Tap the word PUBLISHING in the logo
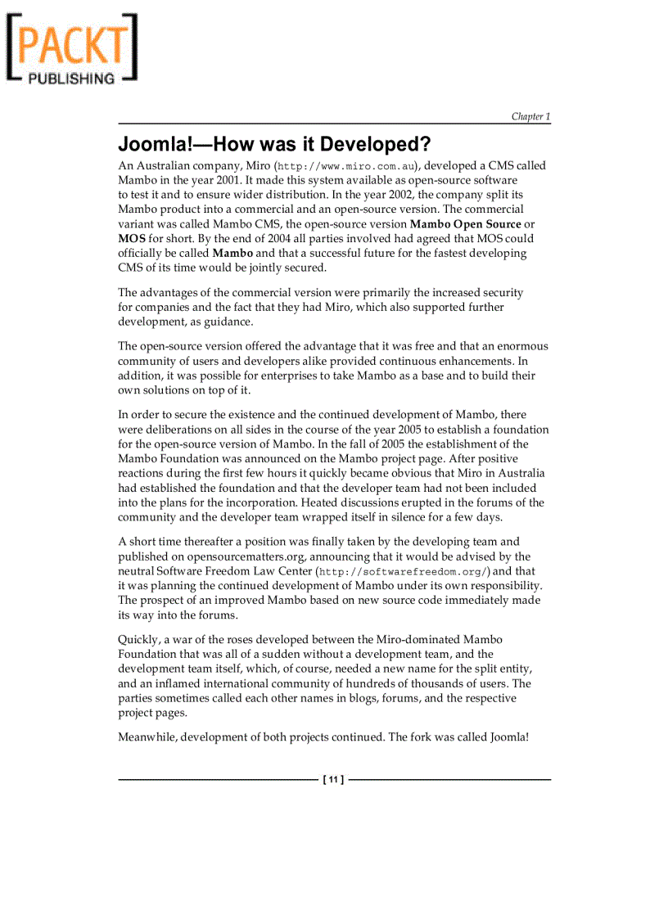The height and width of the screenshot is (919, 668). (x=72, y=79)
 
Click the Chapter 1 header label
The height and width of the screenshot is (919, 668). (x=530, y=117)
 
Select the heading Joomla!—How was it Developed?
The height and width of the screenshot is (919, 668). (x=274, y=145)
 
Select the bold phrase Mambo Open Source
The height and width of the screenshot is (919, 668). (x=465, y=224)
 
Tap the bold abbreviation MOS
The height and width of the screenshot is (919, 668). (x=132, y=239)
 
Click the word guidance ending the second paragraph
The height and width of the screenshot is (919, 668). (x=227, y=322)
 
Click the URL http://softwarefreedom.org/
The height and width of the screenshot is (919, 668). (x=404, y=572)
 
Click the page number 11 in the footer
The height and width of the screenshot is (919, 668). (x=333, y=780)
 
